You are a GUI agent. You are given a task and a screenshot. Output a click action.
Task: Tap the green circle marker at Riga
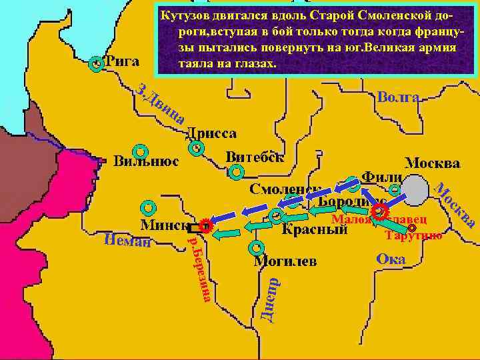[97, 64]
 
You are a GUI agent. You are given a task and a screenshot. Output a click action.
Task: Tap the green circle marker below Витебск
[236, 173]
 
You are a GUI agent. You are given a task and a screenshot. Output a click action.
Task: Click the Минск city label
[163, 225]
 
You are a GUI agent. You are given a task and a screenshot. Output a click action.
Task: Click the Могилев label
[285, 260]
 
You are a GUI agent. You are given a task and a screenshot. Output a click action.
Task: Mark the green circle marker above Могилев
[256, 248]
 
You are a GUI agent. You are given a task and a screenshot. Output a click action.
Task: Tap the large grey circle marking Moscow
[415, 191]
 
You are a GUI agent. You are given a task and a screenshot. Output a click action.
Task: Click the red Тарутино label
[413, 235]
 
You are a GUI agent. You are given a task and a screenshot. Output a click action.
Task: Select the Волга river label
[398, 98]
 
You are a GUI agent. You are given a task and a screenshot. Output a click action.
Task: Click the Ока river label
[391, 259]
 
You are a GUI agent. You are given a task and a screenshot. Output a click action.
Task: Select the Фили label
[381, 177]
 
